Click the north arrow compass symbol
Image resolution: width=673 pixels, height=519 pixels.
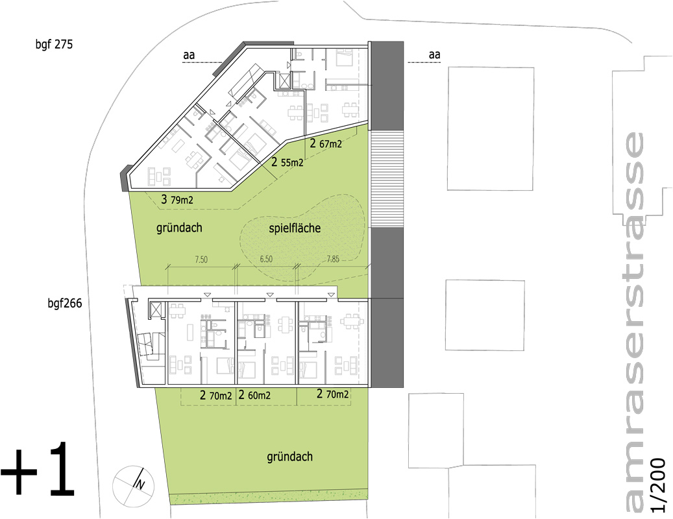coord(134,485)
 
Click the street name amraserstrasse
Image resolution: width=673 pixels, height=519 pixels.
coord(633,322)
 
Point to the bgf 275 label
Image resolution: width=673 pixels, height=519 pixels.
coord(54,44)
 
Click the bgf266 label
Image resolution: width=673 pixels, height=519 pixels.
coord(65,303)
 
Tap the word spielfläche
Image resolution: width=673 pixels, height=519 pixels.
coord(295,228)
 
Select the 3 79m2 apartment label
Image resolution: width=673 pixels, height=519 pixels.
coord(177,199)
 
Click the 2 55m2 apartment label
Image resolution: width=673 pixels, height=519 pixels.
coord(287,162)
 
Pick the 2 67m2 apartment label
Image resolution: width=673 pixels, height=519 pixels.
coord(326,143)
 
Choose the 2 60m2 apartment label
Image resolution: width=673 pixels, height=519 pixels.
coord(254,395)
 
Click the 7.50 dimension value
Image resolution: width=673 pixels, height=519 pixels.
coord(201,259)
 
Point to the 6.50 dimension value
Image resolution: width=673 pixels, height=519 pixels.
coord(266,259)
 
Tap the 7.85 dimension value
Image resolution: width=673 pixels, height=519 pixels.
coord(333,259)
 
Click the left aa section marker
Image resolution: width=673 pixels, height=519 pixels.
coord(189,55)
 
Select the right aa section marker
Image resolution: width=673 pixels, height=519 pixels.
coord(434,55)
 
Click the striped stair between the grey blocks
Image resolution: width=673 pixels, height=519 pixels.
coord(387,179)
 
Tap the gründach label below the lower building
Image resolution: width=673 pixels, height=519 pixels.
coord(289,457)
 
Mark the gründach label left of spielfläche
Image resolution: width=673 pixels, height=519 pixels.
coord(179,228)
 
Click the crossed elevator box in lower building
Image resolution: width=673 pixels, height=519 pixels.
coord(154,309)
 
